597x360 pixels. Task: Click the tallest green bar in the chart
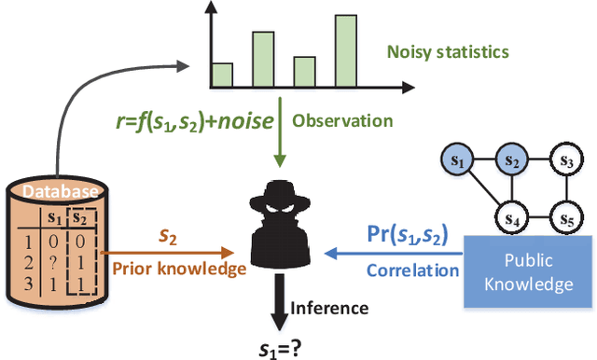coord(345,52)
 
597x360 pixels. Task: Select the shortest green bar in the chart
coord(221,76)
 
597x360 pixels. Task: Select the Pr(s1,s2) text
coord(413,235)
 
